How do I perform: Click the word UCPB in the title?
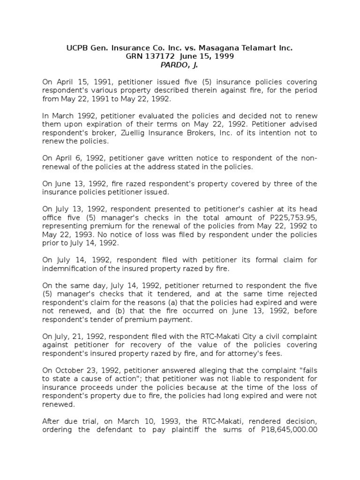tap(75, 48)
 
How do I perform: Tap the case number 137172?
tap(159, 56)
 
